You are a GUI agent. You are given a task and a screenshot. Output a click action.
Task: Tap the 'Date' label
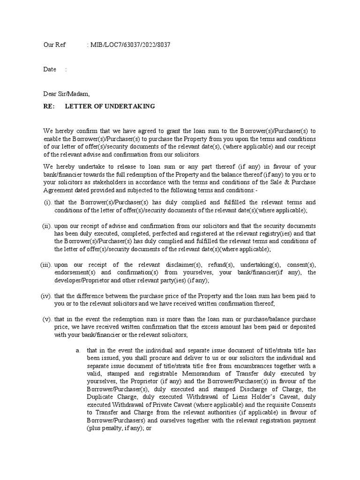tap(50, 69)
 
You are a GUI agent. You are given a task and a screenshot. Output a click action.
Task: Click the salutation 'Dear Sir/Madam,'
tap(66, 94)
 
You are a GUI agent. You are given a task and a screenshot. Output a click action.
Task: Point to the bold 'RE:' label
tap(49, 106)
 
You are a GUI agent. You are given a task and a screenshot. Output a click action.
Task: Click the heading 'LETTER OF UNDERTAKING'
tap(110, 106)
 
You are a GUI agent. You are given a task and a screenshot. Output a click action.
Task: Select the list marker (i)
tap(47, 202)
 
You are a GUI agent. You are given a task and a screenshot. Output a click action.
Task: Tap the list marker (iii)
tap(46, 265)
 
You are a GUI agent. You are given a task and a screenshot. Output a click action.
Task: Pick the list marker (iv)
tap(46, 296)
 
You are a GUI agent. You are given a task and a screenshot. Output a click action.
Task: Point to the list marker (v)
tap(47, 319)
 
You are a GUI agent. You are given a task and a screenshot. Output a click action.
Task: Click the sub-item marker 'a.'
tap(78, 350)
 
